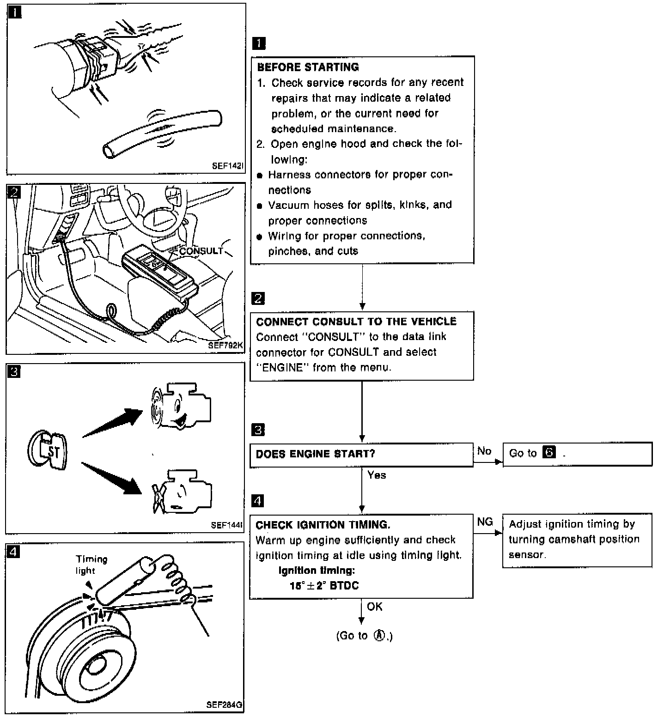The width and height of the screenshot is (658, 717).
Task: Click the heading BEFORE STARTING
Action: (308, 67)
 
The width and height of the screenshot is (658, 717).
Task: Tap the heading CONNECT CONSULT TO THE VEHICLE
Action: (356, 322)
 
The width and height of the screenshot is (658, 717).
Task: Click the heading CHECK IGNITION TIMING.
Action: (323, 525)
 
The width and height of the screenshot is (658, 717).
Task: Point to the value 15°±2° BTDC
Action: (324, 586)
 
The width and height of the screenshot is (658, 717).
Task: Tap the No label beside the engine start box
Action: (484, 451)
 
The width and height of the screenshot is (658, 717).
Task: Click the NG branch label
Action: (485, 522)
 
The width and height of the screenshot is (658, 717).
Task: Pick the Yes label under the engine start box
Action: (377, 475)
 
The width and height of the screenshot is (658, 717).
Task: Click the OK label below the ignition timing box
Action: (374, 607)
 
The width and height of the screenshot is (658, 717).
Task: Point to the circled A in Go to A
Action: (379, 636)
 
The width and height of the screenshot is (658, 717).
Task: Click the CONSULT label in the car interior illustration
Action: (201, 251)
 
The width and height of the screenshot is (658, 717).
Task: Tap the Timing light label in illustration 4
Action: (91, 565)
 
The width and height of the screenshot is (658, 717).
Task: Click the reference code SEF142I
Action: (227, 165)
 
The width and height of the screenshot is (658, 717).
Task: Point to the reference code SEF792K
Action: (225, 345)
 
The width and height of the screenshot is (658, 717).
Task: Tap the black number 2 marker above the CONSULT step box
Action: (258, 298)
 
